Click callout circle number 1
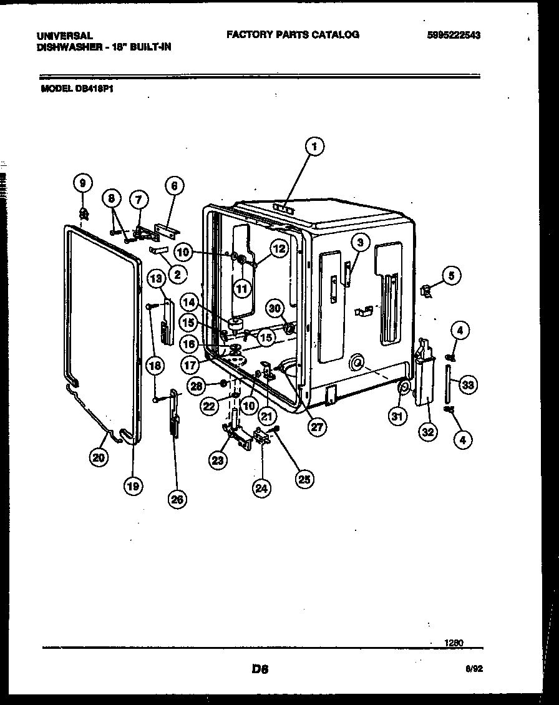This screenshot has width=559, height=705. pyautogui.click(x=314, y=147)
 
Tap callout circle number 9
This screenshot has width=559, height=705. pyautogui.click(x=82, y=183)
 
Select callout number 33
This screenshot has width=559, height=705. pyautogui.click(x=468, y=385)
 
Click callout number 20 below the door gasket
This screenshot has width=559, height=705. pyautogui.click(x=98, y=457)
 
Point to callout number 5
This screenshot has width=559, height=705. pyautogui.click(x=452, y=274)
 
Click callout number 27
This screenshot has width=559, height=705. pyautogui.click(x=318, y=426)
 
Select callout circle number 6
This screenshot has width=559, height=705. pyautogui.click(x=175, y=185)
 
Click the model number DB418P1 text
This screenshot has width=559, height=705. pyautogui.click(x=77, y=89)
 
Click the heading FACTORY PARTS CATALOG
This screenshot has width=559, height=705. pyautogui.click(x=293, y=35)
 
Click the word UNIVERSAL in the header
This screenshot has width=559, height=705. pyautogui.click(x=65, y=36)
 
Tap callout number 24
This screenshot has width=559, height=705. pyautogui.click(x=262, y=489)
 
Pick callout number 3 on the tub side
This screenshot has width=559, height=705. pyautogui.click(x=359, y=242)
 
